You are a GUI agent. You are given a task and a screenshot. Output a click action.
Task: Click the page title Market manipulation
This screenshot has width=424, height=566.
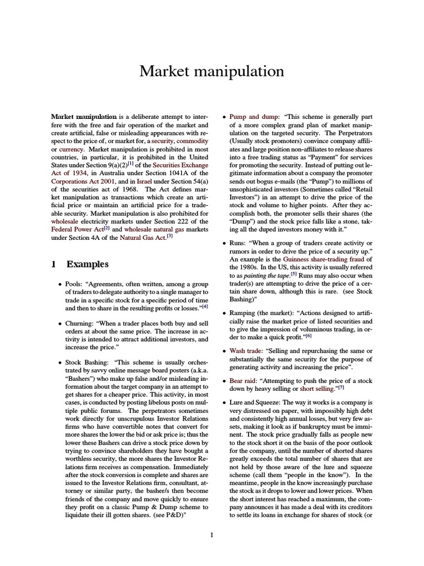[211, 71]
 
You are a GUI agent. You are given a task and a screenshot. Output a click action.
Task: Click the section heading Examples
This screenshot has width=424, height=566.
[88, 264]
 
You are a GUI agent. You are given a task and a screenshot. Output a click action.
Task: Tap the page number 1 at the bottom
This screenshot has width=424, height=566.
[212, 535]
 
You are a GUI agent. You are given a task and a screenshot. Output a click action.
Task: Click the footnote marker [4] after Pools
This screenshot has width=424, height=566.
[204, 306]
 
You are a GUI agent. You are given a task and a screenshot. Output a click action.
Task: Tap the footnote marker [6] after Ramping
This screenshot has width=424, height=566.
[309, 336]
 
